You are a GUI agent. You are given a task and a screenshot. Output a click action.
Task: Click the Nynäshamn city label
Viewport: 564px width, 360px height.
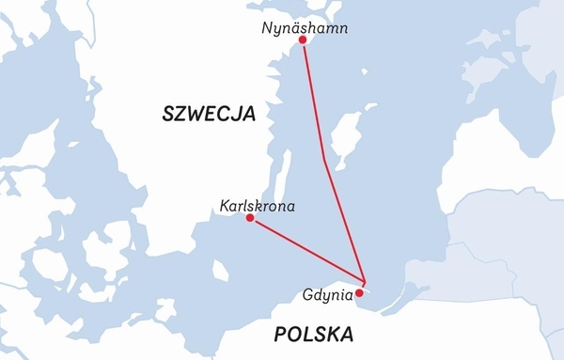tap(306, 29)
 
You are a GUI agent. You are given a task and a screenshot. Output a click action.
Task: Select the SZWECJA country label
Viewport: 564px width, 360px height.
tap(210, 115)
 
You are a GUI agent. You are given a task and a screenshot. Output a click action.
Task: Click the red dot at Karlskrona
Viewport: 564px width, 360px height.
tap(249, 218)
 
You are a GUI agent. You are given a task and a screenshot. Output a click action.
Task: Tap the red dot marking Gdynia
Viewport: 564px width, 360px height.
tap(359, 292)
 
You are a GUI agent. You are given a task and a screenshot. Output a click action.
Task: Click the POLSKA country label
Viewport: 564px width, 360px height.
tap(314, 334)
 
